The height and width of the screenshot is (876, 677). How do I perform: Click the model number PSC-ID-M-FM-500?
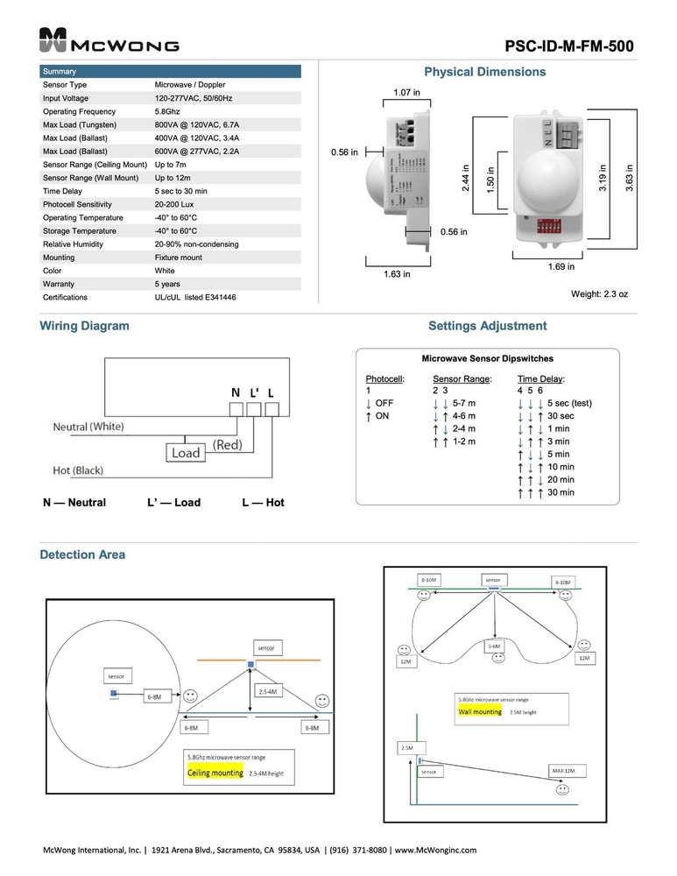[569, 46]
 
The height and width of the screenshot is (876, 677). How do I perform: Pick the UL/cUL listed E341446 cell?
[194, 298]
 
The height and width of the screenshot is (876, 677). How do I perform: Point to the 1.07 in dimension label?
[405, 92]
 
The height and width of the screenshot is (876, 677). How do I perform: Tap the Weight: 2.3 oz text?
[599, 294]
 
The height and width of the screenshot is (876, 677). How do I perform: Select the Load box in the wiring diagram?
[186, 453]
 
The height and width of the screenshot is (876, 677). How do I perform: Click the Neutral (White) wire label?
[88, 427]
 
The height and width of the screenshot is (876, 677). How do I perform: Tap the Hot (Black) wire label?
[78, 470]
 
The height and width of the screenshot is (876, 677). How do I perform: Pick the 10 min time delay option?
[560, 467]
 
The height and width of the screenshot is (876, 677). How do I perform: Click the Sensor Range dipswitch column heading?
[462, 378]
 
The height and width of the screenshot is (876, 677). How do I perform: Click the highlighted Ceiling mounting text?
[215, 774]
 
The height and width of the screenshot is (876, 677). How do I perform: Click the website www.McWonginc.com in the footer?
[434, 850]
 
